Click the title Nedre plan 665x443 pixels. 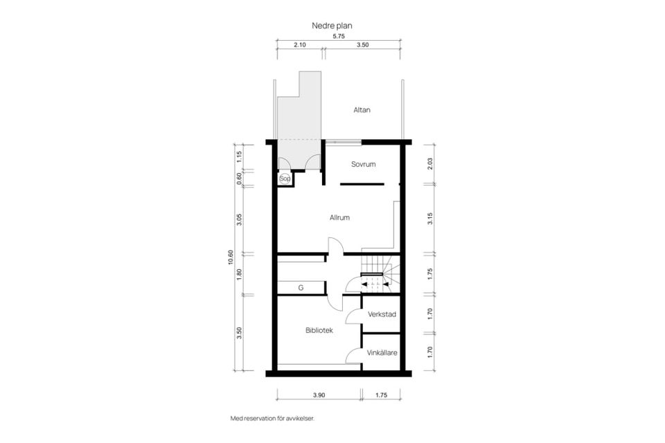click(332, 26)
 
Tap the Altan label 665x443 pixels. click(362, 110)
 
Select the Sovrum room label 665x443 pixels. click(364, 164)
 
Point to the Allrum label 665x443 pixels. click(339, 217)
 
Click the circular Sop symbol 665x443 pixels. click(285, 179)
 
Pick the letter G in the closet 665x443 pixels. click(301, 288)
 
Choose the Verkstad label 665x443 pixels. click(382, 314)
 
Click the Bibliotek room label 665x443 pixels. click(319, 330)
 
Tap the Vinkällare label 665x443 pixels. click(382, 352)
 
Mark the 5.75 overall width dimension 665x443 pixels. click(339, 36)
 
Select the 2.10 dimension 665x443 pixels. click(299, 44)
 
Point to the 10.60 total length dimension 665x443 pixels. click(231, 257)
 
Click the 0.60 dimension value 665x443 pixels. click(239, 179)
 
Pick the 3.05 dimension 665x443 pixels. click(239, 219)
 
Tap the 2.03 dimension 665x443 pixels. click(430, 164)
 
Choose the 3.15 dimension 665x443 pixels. click(430, 219)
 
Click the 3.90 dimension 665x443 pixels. click(319, 395)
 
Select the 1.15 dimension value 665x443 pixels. click(239, 157)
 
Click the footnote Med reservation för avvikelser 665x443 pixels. click(273, 418)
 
